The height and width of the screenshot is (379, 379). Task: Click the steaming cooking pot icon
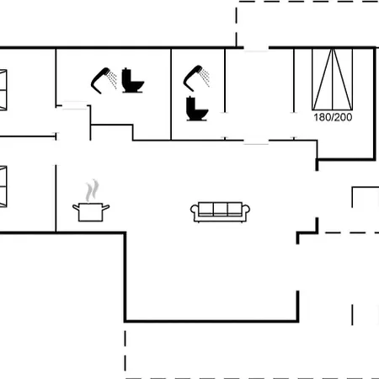click(91, 200)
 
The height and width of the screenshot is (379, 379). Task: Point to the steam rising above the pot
click(93, 190)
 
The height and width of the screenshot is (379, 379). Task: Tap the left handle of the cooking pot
click(76, 208)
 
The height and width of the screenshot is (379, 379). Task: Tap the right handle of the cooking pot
click(106, 208)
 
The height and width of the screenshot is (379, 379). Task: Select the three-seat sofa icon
click(220, 212)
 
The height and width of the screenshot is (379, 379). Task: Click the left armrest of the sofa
click(195, 211)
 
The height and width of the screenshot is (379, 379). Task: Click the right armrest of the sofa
click(246, 211)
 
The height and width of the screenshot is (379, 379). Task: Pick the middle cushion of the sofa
click(220, 209)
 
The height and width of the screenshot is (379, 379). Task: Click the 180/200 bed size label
click(333, 117)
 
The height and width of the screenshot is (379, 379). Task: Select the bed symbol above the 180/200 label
click(333, 79)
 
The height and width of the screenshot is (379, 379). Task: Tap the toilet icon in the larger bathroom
click(132, 80)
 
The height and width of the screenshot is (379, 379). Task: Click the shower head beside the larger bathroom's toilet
click(99, 81)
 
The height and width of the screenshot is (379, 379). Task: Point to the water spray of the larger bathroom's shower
click(113, 79)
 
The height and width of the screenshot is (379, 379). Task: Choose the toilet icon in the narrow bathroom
click(197, 109)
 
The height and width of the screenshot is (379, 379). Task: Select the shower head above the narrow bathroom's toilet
click(193, 78)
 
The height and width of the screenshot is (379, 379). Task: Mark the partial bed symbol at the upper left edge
click(3, 89)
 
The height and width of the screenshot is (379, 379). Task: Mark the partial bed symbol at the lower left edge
click(3, 187)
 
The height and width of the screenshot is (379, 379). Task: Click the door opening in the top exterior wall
click(256, 49)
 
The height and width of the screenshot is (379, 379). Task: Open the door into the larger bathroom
click(74, 105)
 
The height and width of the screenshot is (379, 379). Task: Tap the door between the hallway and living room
click(256, 141)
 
